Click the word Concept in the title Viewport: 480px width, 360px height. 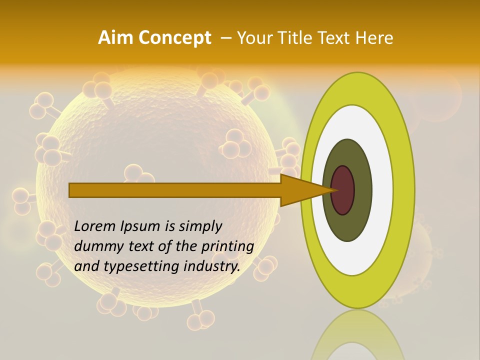pyautogui.click(x=174, y=38)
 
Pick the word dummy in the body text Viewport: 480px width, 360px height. pyautogui.click(x=94, y=246)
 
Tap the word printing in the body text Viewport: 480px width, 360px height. pyautogui.click(x=227, y=247)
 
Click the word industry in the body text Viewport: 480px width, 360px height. pyautogui.click(x=211, y=266)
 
